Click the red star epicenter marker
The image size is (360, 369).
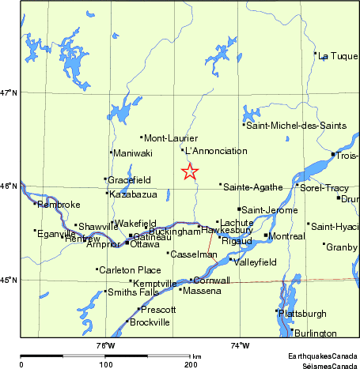point(189,171)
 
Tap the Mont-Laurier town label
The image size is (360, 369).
point(165,138)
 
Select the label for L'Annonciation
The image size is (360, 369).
point(210,150)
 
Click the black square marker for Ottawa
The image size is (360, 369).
point(127,243)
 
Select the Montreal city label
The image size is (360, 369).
point(286,237)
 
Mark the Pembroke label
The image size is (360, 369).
point(59,205)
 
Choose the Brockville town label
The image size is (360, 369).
point(150,322)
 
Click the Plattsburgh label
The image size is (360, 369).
point(303,314)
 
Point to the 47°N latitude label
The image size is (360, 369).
point(9,93)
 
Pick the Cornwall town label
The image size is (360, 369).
point(212,281)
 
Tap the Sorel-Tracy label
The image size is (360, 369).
point(325,188)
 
